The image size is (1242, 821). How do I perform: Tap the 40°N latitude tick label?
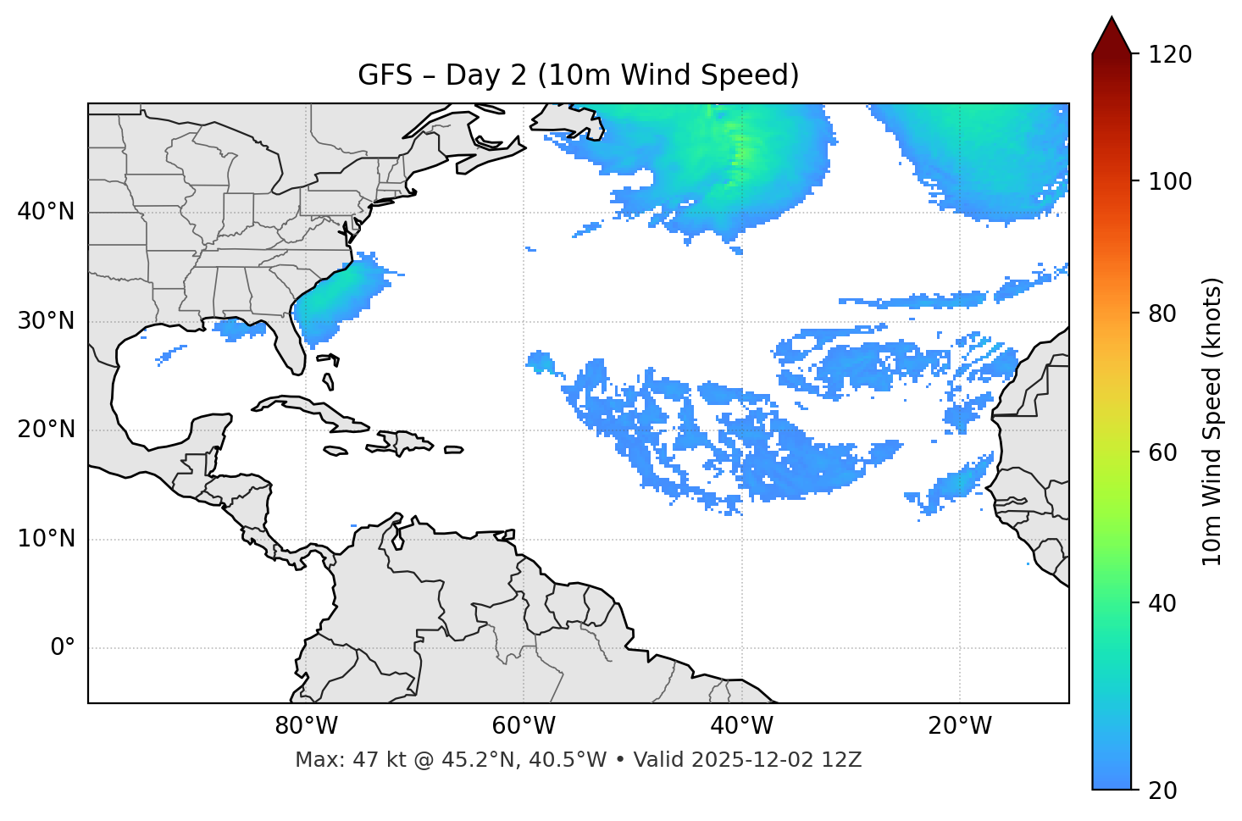[46, 212]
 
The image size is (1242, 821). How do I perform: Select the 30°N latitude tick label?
[46, 321]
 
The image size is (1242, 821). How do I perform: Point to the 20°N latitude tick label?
[46, 430]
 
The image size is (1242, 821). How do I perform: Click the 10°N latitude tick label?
[46, 539]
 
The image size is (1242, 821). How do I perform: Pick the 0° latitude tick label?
[63, 648]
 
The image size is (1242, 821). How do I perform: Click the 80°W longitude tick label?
[306, 726]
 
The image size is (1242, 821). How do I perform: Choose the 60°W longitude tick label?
[524, 726]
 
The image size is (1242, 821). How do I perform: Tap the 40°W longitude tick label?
[742, 726]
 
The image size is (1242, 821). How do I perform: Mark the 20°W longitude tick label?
[960, 726]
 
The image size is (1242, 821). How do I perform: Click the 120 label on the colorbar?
[1170, 55]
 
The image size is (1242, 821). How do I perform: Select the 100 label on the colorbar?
[1170, 181]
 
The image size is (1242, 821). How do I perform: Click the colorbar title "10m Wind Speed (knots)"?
[1212, 421]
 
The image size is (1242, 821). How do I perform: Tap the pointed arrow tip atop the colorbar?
[1112, 19]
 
